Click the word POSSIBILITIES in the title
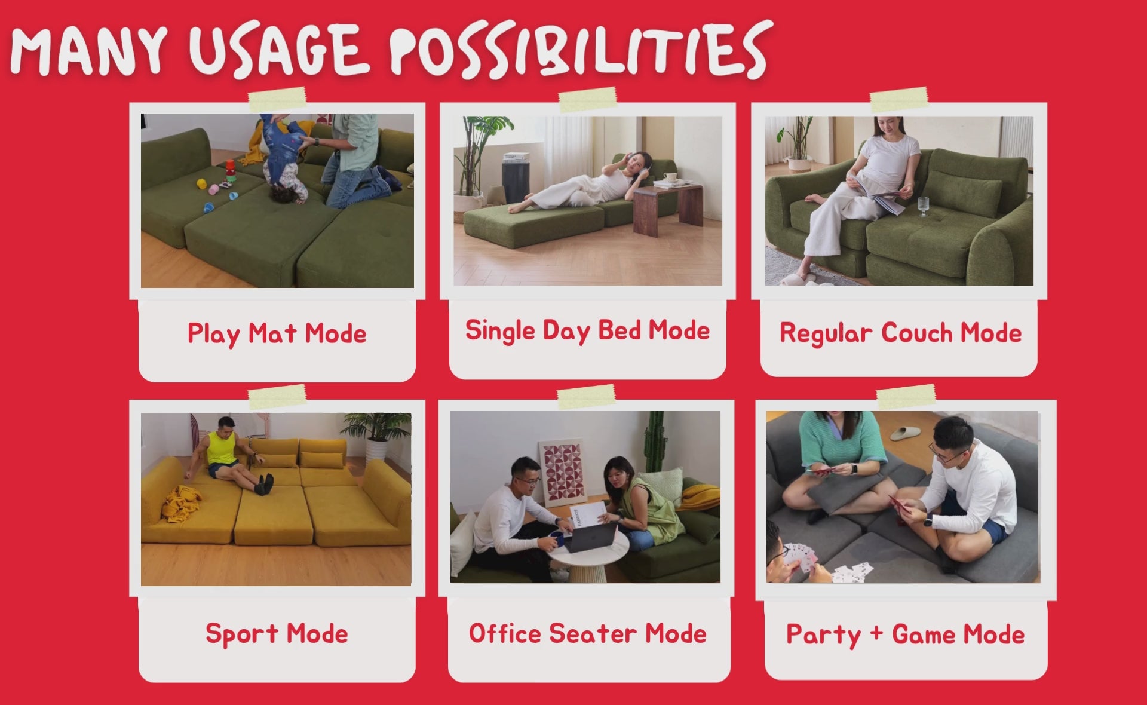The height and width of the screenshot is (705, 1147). (578, 50)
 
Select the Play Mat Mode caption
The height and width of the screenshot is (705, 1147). (277, 334)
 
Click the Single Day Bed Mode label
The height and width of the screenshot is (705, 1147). (587, 331)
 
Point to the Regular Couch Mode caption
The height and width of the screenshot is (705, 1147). (900, 333)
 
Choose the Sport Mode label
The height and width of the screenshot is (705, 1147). (277, 634)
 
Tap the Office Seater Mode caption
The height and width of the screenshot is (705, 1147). (588, 633)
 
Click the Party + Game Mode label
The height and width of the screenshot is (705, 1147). (905, 635)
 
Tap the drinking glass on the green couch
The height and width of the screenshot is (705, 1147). (924, 207)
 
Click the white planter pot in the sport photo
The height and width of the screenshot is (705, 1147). (376, 449)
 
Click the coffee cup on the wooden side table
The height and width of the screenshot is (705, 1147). (670, 177)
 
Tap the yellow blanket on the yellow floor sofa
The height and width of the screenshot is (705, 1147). (181, 502)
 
